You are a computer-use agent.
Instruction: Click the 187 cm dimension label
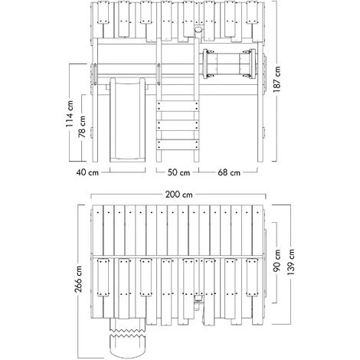coord(277,79)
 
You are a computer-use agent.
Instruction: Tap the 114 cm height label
coord(70,113)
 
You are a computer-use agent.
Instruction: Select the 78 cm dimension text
coord(82,127)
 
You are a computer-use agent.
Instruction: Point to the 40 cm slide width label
coord(87,172)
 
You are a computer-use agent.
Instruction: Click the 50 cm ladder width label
coord(178,172)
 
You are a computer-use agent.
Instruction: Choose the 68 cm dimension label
coord(229,172)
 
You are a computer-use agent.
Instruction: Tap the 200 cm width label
coord(178,195)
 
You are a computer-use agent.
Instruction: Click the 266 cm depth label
coord(78,279)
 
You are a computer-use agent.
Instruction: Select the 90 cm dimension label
coord(277,260)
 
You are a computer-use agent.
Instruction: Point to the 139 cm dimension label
coord(290,262)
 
